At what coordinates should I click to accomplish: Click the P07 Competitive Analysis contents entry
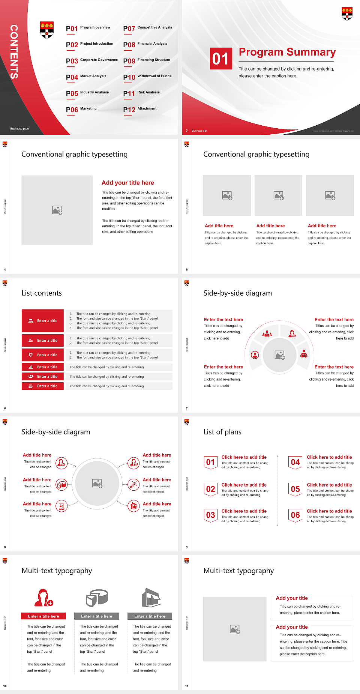pyautogui.click(x=147, y=28)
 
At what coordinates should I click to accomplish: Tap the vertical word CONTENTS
pyautogui.click(x=14, y=52)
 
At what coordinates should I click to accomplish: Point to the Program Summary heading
pyautogui.click(x=287, y=52)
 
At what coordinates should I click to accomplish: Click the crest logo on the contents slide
pyautogui.click(x=47, y=30)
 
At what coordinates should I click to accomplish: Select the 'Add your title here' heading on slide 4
pyautogui.click(x=127, y=183)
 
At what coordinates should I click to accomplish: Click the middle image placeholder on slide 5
pyautogui.click(x=278, y=195)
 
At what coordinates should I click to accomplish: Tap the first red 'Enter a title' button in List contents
pyautogui.click(x=43, y=321)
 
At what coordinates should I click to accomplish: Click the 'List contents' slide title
pyautogui.click(x=42, y=293)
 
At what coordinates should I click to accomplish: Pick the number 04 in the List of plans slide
pyautogui.click(x=295, y=462)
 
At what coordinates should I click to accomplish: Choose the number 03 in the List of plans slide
pyautogui.click(x=210, y=515)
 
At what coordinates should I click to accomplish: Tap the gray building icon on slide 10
pyautogui.click(x=151, y=597)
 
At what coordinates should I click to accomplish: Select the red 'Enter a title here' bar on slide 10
pyautogui.click(x=43, y=616)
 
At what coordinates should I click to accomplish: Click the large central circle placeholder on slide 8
pyautogui.click(x=97, y=483)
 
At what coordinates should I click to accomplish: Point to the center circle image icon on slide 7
pyautogui.click(x=279, y=355)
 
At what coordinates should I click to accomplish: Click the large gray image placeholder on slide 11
pyautogui.click(x=235, y=629)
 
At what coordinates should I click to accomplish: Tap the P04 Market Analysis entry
pyautogui.click(x=86, y=77)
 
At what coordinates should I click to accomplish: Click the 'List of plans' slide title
pyautogui.click(x=222, y=432)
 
